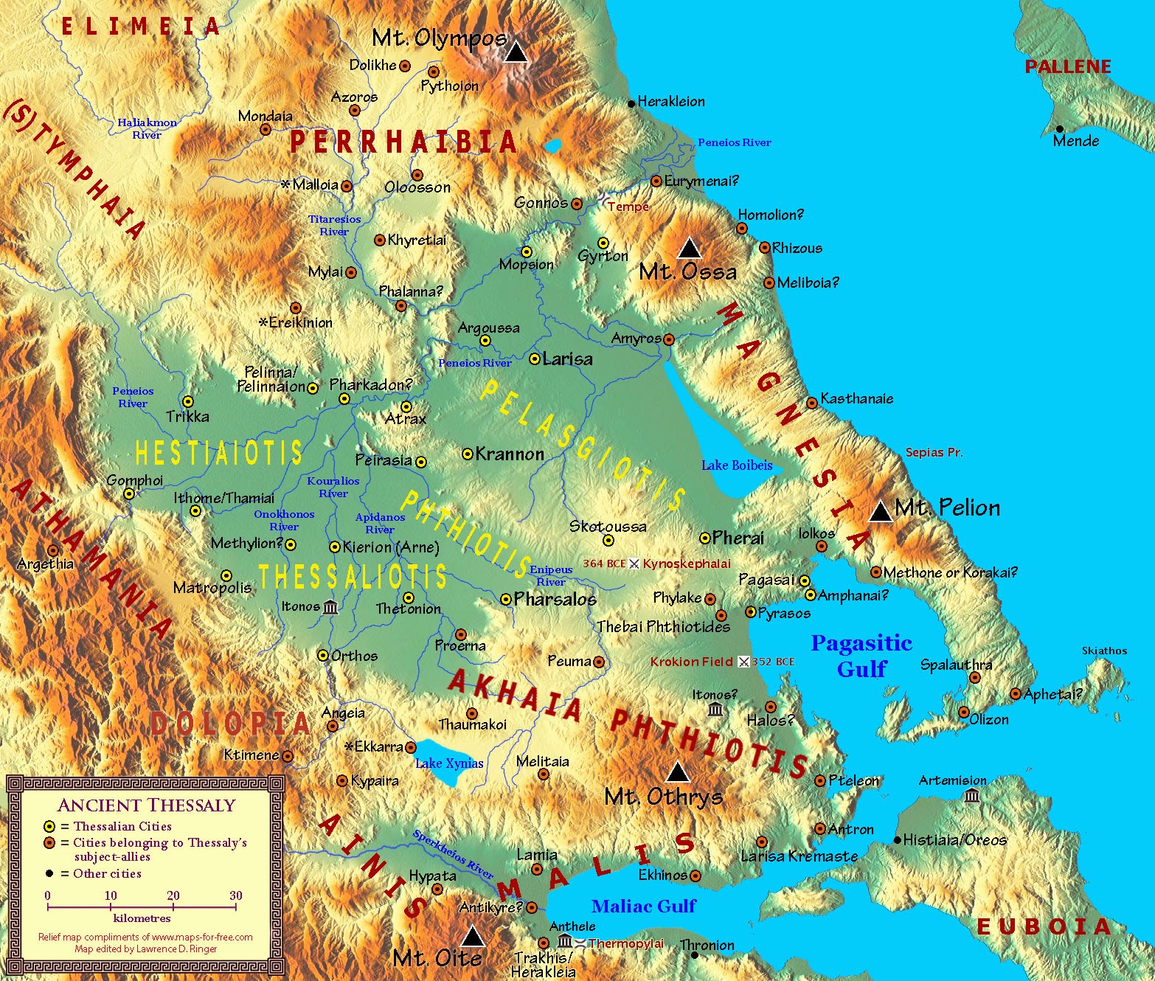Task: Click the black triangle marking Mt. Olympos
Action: point(516,52)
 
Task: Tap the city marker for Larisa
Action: point(535,359)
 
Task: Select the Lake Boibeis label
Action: point(737,465)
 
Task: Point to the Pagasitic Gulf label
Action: point(861,656)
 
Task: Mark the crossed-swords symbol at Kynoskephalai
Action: point(634,564)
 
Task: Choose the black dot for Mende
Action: point(1059,128)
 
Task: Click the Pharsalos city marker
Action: point(506,599)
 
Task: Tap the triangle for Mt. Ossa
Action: point(689,248)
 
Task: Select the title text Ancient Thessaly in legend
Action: point(146,805)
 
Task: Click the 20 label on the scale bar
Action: point(173,895)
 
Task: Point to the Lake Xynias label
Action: point(449,763)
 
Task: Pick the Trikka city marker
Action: point(188,402)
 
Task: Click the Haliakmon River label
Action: point(147,128)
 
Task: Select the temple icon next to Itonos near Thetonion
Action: point(330,607)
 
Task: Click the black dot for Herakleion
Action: point(631,103)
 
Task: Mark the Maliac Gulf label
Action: point(643,906)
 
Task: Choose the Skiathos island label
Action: point(1104,651)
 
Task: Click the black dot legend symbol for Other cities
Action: point(49,873)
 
